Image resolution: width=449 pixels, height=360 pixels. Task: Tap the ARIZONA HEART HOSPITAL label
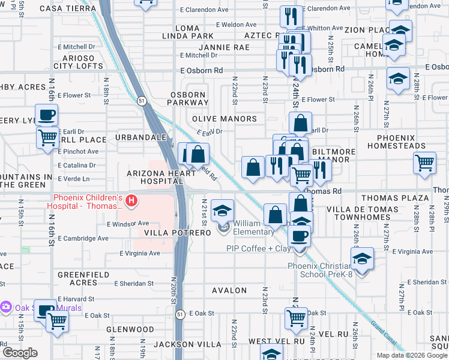click(160, 177)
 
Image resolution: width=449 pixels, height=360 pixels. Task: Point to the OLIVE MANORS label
click(224, 119)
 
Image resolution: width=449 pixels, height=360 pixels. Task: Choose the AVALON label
click(229, 290)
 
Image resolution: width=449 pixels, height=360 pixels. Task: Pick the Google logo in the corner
click(20, 353)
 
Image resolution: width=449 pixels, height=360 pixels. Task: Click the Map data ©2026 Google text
click(411, 355)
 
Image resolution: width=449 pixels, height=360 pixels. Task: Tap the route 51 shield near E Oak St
click(180, 314)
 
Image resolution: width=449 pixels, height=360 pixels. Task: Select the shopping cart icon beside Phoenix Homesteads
click(424, 163)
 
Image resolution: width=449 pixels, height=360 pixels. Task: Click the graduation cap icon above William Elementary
click(223, 210)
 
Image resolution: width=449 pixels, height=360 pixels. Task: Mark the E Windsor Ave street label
click(127, 224)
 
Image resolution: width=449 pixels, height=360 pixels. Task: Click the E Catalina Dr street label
click(77, 165)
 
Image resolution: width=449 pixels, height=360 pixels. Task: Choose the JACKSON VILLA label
click(182, 344)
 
